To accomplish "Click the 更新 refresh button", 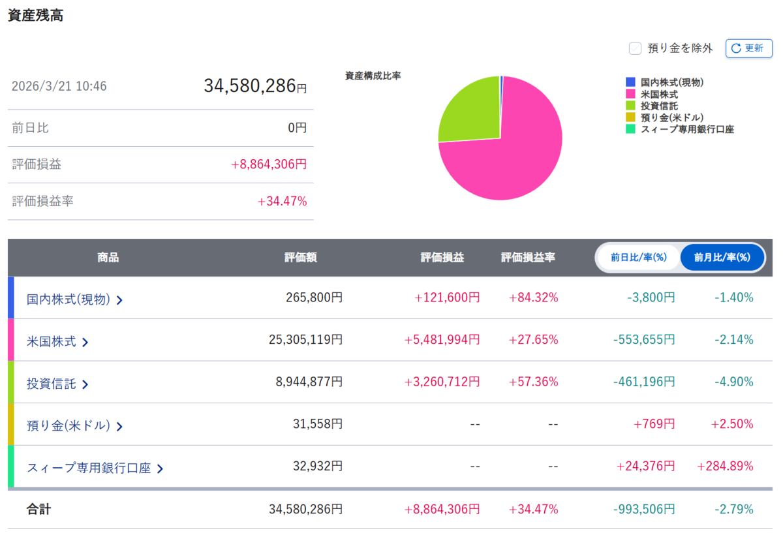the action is coord(749,48).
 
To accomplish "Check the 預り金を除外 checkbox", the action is coord(635,48).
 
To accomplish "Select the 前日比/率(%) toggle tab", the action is coord(638,258).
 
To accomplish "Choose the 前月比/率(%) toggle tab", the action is coord(722,258).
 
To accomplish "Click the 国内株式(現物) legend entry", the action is coord(664,82).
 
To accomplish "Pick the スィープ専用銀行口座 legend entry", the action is coord(680,129).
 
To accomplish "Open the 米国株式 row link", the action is coord(57,341).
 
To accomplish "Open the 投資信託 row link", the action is coord(57,384).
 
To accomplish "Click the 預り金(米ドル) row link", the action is coord(75,425).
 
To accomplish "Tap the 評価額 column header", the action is coord(301,258).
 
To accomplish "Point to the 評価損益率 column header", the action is coord(528,258).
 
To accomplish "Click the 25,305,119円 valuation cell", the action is coord(305,339).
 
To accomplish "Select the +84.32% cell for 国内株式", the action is coord(534,298).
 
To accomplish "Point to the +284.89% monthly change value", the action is coord(725,466).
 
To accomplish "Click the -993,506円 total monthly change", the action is coord(644,510).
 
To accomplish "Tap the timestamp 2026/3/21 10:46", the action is coord(59,86).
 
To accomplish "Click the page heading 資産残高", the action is coord(36,16).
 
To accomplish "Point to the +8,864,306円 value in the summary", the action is coord(269,164).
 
